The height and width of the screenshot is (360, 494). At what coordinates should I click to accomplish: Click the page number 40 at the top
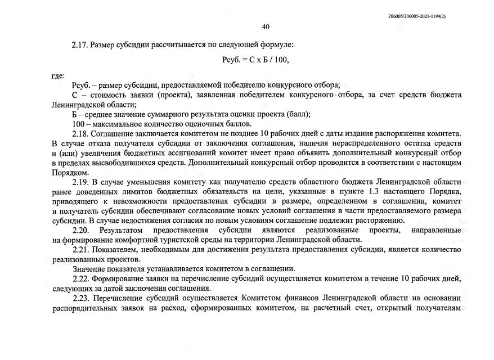tap(266, 27)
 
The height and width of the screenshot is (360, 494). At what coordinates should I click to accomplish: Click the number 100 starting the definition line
tap(78, 124)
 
